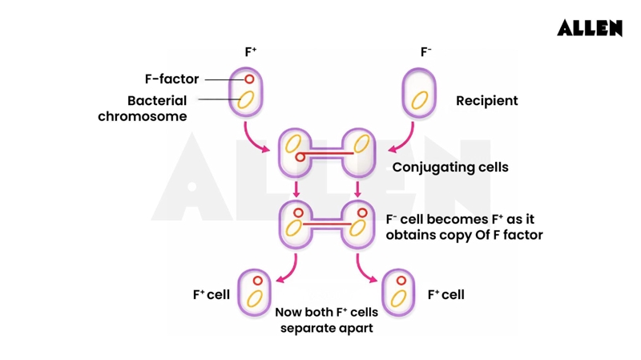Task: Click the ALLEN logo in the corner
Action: point(590,28)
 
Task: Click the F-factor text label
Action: point(171,79)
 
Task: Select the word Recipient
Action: point(486,101)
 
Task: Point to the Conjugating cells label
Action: point(450,168)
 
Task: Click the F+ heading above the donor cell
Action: point(251,52)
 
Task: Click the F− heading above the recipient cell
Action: point(426,52)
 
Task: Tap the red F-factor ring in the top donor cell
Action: point(249,79)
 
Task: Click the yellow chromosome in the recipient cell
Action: point(419,100)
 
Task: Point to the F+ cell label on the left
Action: point(211,295)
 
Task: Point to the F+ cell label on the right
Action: point(445,295)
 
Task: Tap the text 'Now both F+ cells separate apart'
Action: point(326,320)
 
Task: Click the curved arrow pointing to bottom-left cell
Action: point(288,269)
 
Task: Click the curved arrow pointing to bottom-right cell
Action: point(365,269)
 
